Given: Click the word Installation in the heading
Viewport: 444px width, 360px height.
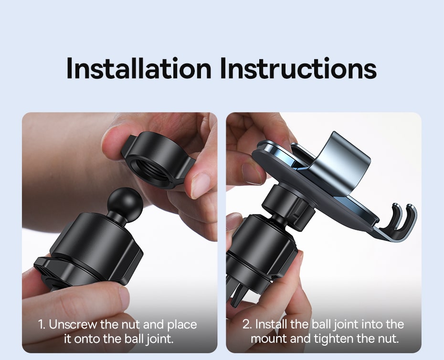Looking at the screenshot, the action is tap(139, 68).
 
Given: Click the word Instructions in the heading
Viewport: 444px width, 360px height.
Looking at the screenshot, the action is tap(298, 68).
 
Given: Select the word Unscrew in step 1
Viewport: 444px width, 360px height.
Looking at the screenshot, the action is tap(73, 325).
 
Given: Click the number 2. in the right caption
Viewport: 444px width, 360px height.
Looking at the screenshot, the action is tap(247, 325).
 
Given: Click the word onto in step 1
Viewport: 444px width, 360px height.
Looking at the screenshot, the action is tap(87, 339).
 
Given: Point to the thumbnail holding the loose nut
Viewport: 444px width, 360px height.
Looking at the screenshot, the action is tap(200, 186).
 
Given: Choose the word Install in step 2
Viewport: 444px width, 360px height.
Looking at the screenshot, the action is tap(271, 325).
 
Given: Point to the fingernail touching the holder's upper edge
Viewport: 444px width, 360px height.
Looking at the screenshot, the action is tap(252, 173).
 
